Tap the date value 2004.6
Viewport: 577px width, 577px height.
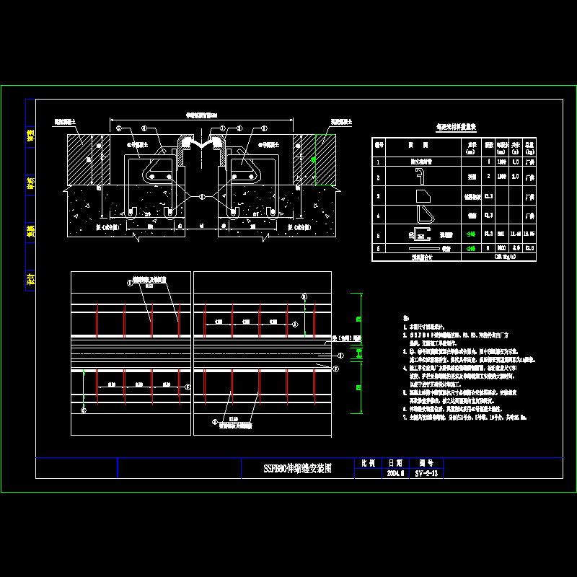tap(396, 473)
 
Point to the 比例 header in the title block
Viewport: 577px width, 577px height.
tap(368, 464)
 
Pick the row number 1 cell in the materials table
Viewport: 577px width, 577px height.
tap(378, 163)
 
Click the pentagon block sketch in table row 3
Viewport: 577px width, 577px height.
tap(423, 195)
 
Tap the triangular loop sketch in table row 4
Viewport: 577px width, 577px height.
tap(423, 215)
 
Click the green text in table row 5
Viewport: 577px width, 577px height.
tap(469, 234)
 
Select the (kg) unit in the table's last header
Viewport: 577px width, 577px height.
tap(529, 151)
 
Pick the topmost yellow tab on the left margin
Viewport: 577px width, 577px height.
tap(30, 137)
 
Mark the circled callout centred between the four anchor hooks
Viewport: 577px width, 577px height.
tap(202, 196)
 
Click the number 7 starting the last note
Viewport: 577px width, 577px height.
tap(405, 418)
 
